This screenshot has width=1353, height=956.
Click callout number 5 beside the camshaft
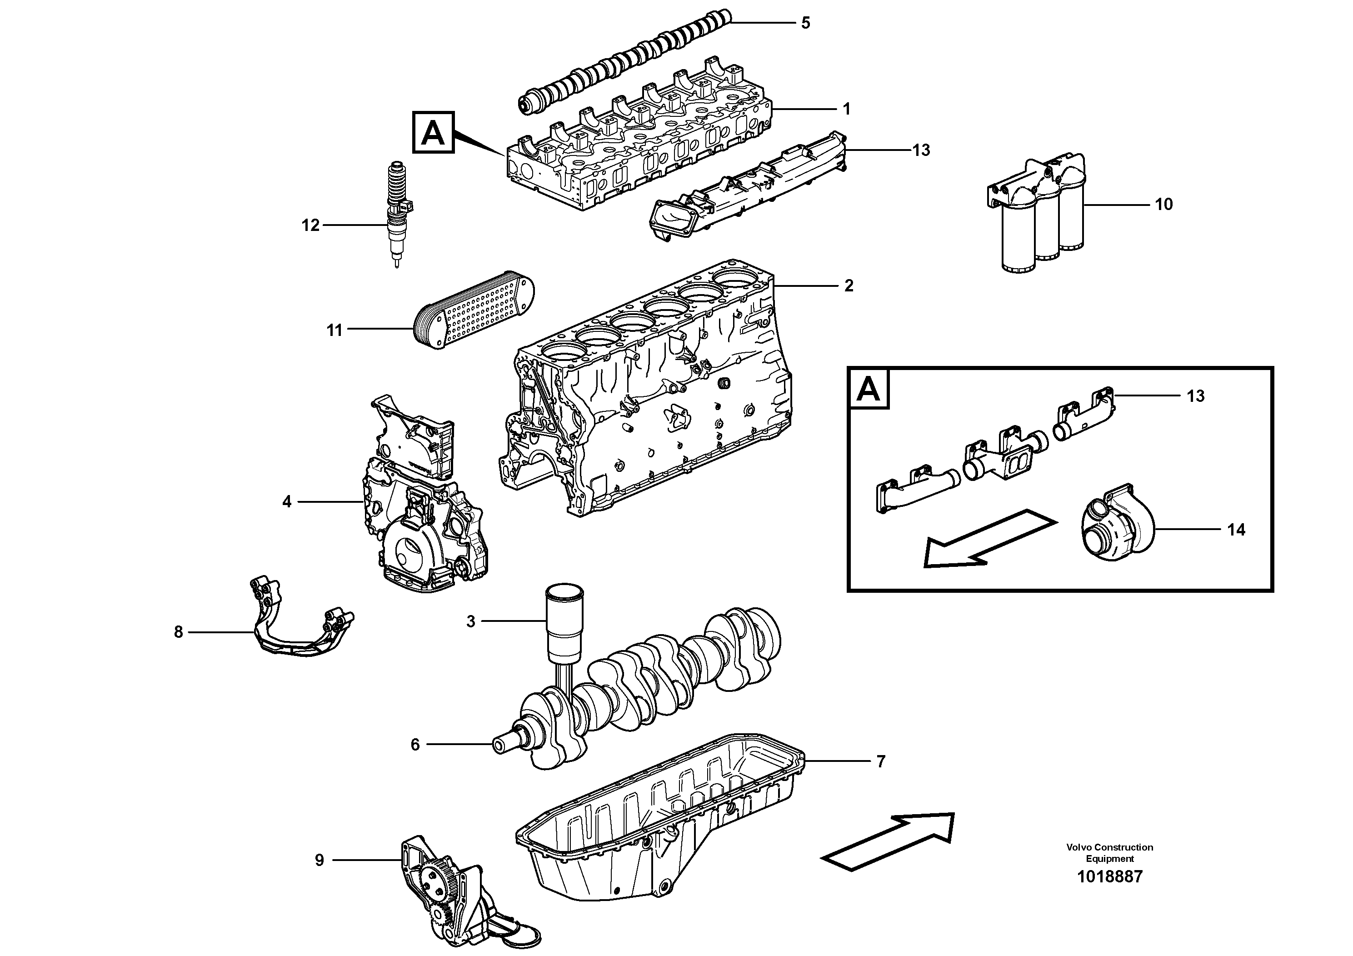click(x=805, y=23)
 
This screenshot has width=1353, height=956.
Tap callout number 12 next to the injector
click(x=310, y=225)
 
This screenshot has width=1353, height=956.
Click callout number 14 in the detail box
click(x=1236, y=530)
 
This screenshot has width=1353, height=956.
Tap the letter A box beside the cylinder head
click(x=433, y=133)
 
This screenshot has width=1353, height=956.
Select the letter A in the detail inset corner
click(x=869, y=389)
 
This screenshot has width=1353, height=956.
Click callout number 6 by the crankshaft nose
click(x=415, y=745)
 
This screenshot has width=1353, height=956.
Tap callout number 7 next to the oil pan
click(x=880, y=761)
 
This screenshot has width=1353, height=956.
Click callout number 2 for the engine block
click(x=848, y=286)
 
